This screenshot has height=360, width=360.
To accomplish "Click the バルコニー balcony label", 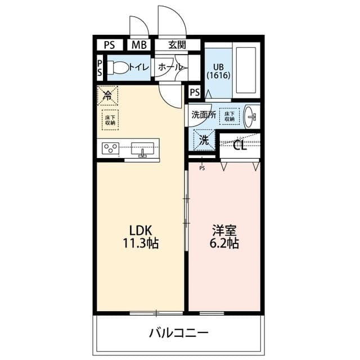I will pyautogui.click(x=178, y=332).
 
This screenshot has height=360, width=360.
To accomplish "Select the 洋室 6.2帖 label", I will pyautogui.click(x=224, y=237).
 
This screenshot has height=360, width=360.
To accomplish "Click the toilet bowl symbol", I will pyautogui.click(x=118, y=67).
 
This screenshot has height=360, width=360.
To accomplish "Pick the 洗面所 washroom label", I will pyautogui.click(x=203, y=114).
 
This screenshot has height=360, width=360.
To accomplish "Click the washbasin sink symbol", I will pyautogui.click(x=251, y=117).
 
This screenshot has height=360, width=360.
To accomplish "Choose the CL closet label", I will pyautogui.click(x=240, y=146).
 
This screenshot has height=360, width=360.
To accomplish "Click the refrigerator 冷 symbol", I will pyautogui.click(x=107, y=95).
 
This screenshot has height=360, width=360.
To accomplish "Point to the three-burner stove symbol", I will pyautogui.click(x=111, y=149).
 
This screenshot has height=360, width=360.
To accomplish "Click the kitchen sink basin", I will pyautogui.click(x=143, y=149).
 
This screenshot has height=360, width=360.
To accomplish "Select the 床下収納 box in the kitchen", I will pyautogui.click(x=110, y=120).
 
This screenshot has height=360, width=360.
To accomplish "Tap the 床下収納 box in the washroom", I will pyautogui.click(x=228, y=115).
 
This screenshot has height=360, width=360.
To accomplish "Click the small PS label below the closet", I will pyautogui.click(x=202, y=168).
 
